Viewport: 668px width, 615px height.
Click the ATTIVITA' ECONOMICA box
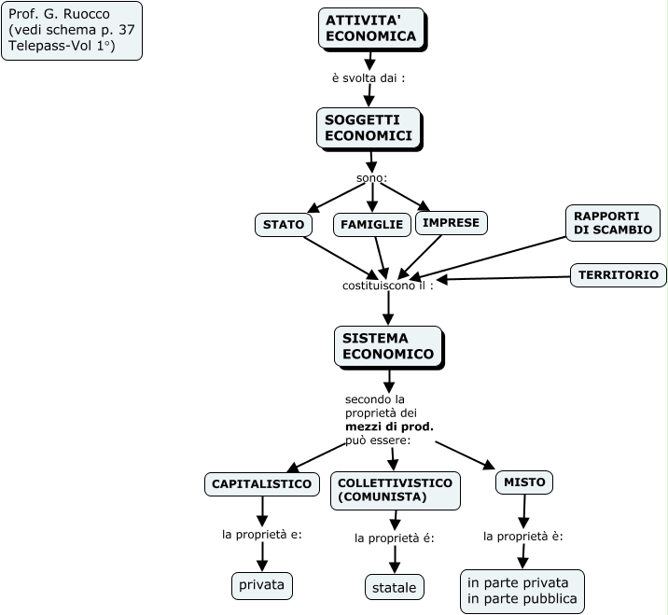[x=370, y=28]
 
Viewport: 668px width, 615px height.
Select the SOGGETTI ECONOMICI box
[x=369, y=128]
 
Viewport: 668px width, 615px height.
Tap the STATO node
[x=283, y=225]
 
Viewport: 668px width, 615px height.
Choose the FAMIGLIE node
[x=371, y=225]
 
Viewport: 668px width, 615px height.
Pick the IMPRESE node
[x=451, y=223]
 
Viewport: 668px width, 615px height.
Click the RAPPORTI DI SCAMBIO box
[x=612, y=222]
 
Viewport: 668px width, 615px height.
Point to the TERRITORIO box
[x=618, y=275]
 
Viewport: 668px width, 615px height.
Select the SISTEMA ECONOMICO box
[x=387, y=346]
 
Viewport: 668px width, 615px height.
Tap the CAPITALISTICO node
[x=261, y=484]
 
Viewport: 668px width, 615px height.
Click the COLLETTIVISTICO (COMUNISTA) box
[x=395, y=490]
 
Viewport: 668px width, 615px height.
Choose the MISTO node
[x=523, y=482]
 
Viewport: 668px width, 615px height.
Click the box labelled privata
[x=262, y=586]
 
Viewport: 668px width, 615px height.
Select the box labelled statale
[x=394, y=587]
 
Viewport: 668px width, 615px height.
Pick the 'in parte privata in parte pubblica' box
[x=522, y=591]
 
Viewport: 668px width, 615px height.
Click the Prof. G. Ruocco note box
[x=72, y=30]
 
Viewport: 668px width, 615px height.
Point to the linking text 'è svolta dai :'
[x=368, y=78]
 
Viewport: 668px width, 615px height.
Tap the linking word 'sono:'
[x=371, y=178]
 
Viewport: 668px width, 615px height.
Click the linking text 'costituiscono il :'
[x=387, y=286]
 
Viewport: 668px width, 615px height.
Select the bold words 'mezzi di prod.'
[x=389, y=426]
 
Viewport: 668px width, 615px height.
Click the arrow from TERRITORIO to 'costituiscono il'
[x=504, y=277]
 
